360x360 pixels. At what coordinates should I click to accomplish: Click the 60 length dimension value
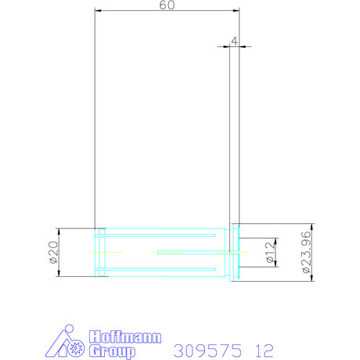click(x=166, y=5)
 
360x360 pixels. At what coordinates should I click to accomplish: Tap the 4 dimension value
click(x=234, y=39)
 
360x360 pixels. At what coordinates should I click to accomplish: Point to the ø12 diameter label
click(x=268, y=252)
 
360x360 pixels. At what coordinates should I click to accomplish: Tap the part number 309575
click(x=206, y=348)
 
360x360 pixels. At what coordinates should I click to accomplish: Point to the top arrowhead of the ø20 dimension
click(x=60, y=231)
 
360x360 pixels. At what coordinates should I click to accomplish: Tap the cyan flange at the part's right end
click(x=234, y=252)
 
